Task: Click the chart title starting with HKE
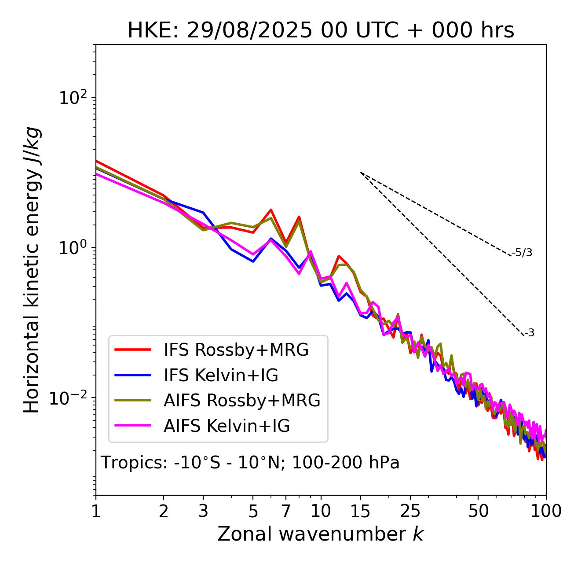point(321,31)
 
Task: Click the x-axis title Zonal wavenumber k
point(320,534)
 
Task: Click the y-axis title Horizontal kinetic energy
point(32,270)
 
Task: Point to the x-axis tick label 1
point(96,511)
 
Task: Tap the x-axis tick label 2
point(164,511)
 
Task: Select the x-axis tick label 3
point(203,511)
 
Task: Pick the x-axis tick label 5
point(253,511)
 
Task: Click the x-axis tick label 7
point(286,511)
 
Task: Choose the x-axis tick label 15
point(361,511)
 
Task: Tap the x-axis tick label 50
point(478,511)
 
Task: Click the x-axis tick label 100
point(546,511)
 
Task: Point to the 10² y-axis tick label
point(72,97)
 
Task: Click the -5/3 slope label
point(522,253)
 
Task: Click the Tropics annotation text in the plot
point(250,463)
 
